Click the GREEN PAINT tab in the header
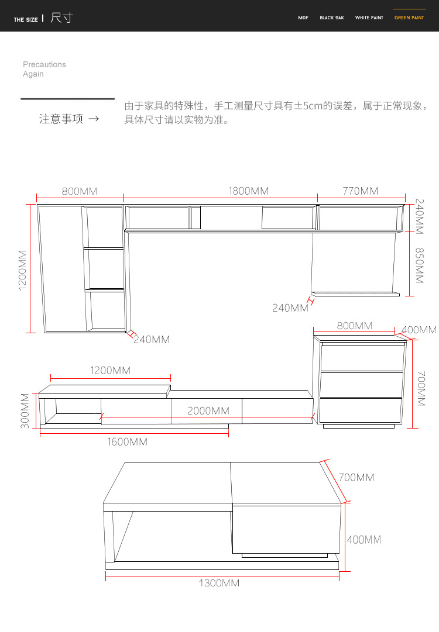(409, 18)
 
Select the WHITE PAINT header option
(369, 18)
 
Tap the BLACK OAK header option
(332, 18)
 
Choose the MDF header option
(303, 18)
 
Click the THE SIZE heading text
(26, 19)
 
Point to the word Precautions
(44, 64)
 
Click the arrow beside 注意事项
(94, 119)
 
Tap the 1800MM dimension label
(249, 191)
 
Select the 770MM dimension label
(361, 191)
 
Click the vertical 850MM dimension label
(420, 265)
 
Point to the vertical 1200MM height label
(23, 271)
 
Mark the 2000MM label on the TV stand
(208, 411)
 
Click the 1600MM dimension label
(127, 442)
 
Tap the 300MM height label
(25, 411)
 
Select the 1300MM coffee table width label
(219, 583)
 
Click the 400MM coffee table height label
(364, 540)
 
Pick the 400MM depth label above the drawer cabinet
(419, 330)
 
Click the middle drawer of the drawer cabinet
(362, 385)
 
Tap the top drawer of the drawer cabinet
(362, 358)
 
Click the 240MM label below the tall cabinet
(152, 339)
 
